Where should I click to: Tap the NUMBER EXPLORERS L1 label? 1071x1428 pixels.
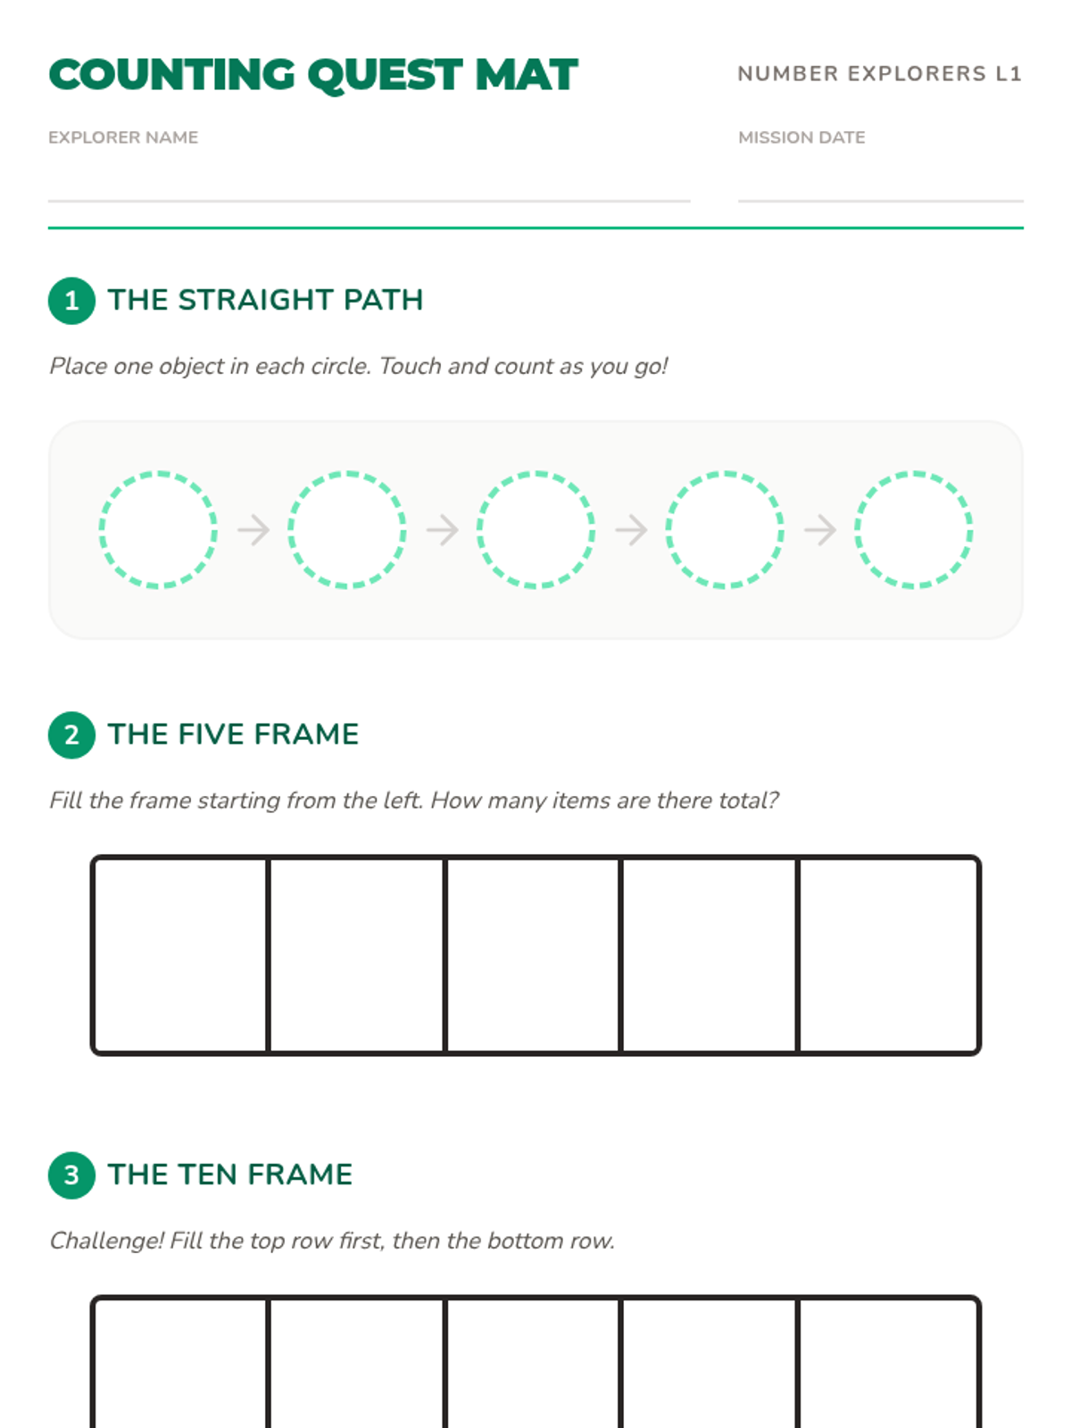tap(879, 73)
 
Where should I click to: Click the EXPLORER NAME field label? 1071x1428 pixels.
tap(123, 137)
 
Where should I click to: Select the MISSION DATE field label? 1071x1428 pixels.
tap(801, 137)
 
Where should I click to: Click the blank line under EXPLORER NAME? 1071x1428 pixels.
tap(369, 201)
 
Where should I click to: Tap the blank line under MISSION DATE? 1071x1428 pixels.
tap(881, 201)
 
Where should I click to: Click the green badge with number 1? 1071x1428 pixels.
tap(71, 301)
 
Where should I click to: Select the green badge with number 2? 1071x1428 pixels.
tap(71, 735)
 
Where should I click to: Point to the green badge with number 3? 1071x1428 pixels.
tap(71, 1175)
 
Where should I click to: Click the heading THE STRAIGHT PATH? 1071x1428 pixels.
tap(265, 300)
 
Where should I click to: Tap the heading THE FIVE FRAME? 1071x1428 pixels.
tap(234, 734)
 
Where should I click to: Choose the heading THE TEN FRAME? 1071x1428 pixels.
tap(230, 1175)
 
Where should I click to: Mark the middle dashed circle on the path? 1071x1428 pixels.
tap(477, 529)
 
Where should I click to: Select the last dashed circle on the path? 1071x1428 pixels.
tap(856, 529)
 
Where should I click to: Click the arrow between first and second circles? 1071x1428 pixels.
tap(253, 529)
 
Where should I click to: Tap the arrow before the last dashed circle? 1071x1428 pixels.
tap(820, 529)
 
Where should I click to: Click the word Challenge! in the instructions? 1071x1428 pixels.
tap(106, 1241)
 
